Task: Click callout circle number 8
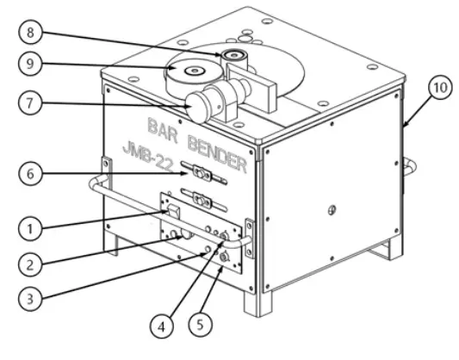coord(31,35)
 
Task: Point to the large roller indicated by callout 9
coord(189,72)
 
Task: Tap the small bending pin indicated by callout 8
coord(233,57)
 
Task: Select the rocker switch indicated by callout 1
coord(173,211)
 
